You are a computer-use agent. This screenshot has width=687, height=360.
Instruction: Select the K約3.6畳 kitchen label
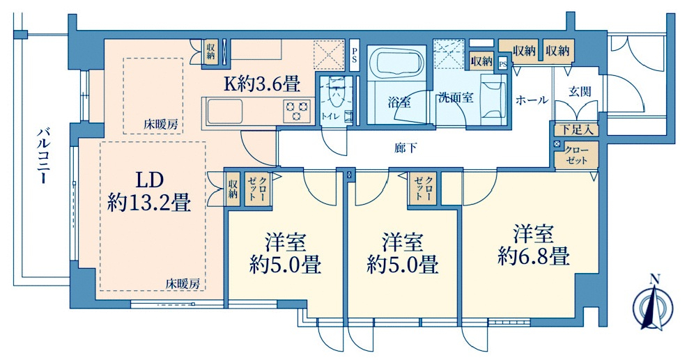point(261,85)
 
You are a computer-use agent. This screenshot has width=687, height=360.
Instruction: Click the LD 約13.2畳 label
point(149,191)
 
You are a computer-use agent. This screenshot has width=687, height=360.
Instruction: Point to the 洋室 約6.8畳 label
point(534,244)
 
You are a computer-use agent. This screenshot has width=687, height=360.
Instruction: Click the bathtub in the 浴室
point(394,65)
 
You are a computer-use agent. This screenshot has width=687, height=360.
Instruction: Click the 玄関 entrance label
point(579,91)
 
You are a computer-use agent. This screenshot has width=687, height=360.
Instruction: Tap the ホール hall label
point(532,100)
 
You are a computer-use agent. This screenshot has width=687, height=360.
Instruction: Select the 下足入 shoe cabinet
point(576,129)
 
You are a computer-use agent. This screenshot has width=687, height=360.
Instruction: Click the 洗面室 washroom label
point(456,97)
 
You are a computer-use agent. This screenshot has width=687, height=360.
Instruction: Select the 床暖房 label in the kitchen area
point(161,125)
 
